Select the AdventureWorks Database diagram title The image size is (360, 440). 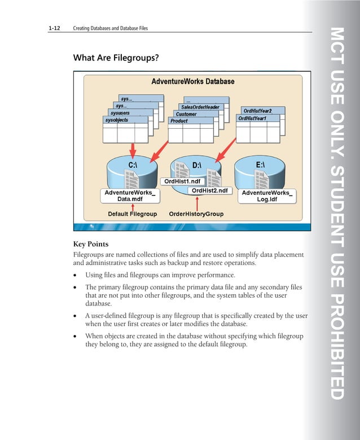click(x=192, y=81)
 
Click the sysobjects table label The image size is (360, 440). click(x=117, y=120)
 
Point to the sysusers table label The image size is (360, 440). click(x=120, y=113)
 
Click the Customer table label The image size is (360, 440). click(x=186, y=114)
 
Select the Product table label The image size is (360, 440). click(x=179, y=121)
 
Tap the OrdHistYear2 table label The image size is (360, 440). click(x=257, y=111)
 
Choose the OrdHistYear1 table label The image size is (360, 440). click(x=252, y=118)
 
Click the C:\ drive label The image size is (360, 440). click(x=133, y=165)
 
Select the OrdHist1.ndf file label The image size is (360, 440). click(x=182, y=181)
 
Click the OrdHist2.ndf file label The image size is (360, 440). click(x=209, y=191)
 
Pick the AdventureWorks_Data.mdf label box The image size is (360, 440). click(x=129, y=196)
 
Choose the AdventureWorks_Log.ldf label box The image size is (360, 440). click(x=266, y=196)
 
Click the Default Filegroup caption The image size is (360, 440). click(x=132, y=214)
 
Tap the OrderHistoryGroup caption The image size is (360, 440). click(x=196, y=214)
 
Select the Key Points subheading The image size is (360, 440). click(x=91, y=244)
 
